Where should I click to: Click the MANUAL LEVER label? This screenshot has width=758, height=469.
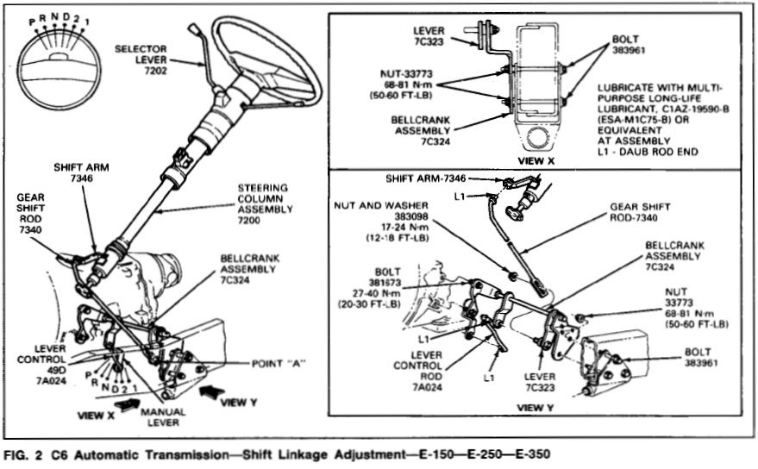pos(162,417)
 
